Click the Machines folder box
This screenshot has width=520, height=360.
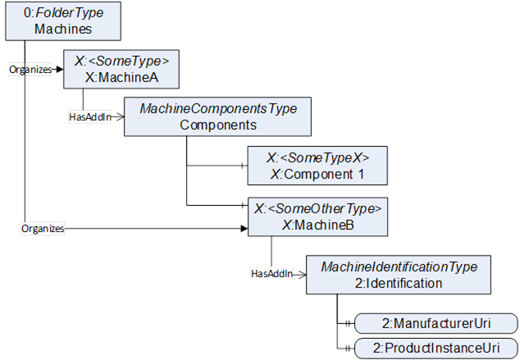tap(63, 21)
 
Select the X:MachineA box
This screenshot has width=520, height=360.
tap(121, 69)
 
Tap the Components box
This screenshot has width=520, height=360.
tap(217, 116)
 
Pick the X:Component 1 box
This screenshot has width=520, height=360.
tap(317, 166)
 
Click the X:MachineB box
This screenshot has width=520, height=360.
tap(317, 216)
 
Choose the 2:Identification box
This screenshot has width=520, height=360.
tap(399, 275)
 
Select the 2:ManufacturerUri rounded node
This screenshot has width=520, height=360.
tap(436, 323)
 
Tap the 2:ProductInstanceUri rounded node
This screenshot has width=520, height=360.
tap(436, 348)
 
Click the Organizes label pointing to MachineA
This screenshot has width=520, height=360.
tap(30, 70)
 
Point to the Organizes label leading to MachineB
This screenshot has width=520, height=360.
tap(43, 229)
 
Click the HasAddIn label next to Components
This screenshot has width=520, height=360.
tap(90, 117)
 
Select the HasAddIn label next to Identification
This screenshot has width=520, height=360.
tap(272, 274)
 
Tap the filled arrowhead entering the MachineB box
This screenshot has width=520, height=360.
tap(244, 229)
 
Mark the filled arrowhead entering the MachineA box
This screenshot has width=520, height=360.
tap(60, 70)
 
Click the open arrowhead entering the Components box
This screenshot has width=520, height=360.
tap(120, 117)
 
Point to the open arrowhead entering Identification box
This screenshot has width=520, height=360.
tap(302, 275)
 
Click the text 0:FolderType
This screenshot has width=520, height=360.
tap(63, 13)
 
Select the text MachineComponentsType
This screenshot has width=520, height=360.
tap(218, 109)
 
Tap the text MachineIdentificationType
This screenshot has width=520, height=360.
tap(399, 267)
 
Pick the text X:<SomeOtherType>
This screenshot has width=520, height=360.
tap(317, 209)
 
